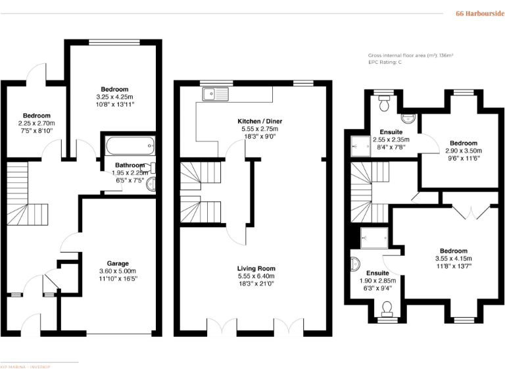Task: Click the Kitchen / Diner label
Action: [262, 122]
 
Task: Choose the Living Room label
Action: [256, 268]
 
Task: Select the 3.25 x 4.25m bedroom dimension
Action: [114, 97]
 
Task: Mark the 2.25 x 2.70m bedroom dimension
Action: [36, 123]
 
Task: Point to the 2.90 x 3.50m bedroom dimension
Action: [463, 151]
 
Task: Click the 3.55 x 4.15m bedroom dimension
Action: [453, 259]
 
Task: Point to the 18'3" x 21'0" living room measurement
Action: [256, 284]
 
